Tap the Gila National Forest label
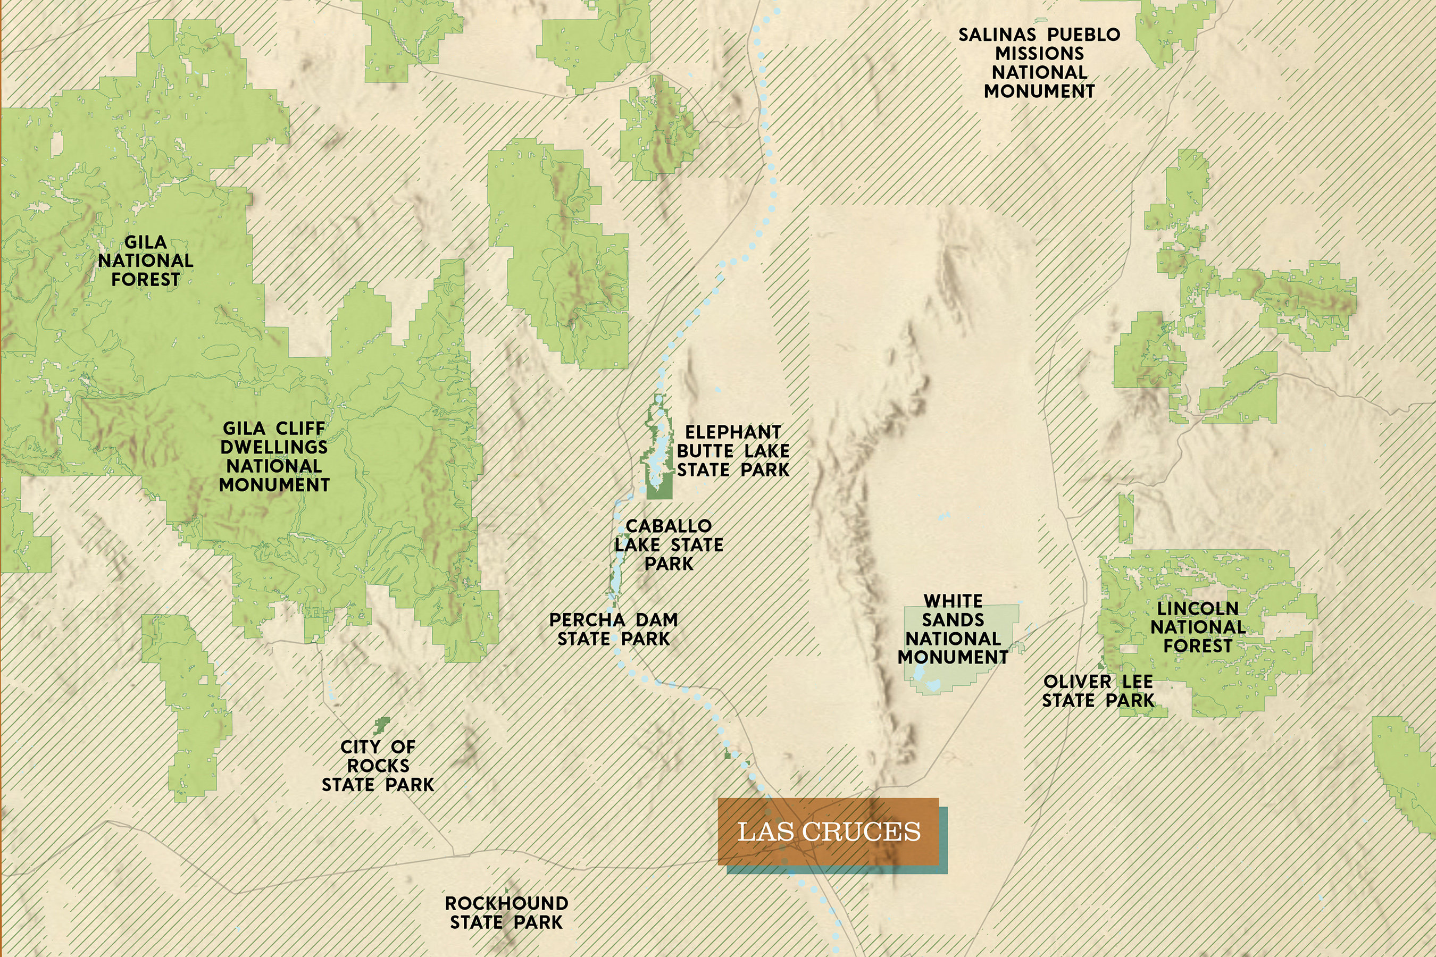click(x=145, y=261)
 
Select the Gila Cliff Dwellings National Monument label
click(x=274, y=456)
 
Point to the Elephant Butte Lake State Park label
click(x=733, y=451)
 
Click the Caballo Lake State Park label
click(x=669, y=544)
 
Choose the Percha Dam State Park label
click(x=614, y=629)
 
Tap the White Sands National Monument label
click(x=953, y=629)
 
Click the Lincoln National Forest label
click(x=1198, y=627)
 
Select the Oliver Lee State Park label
click(x=1098, y=691)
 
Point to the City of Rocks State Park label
click(x=378, y=766)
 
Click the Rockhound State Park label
click(x=506, y=912)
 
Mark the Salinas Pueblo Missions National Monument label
click(x=1039, y=63)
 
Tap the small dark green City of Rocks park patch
click(x=382, y=726)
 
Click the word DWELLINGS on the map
click(x=274, y=447)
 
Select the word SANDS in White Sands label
click(x=953, y=620)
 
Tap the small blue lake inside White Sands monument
click(x=932, y=685)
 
